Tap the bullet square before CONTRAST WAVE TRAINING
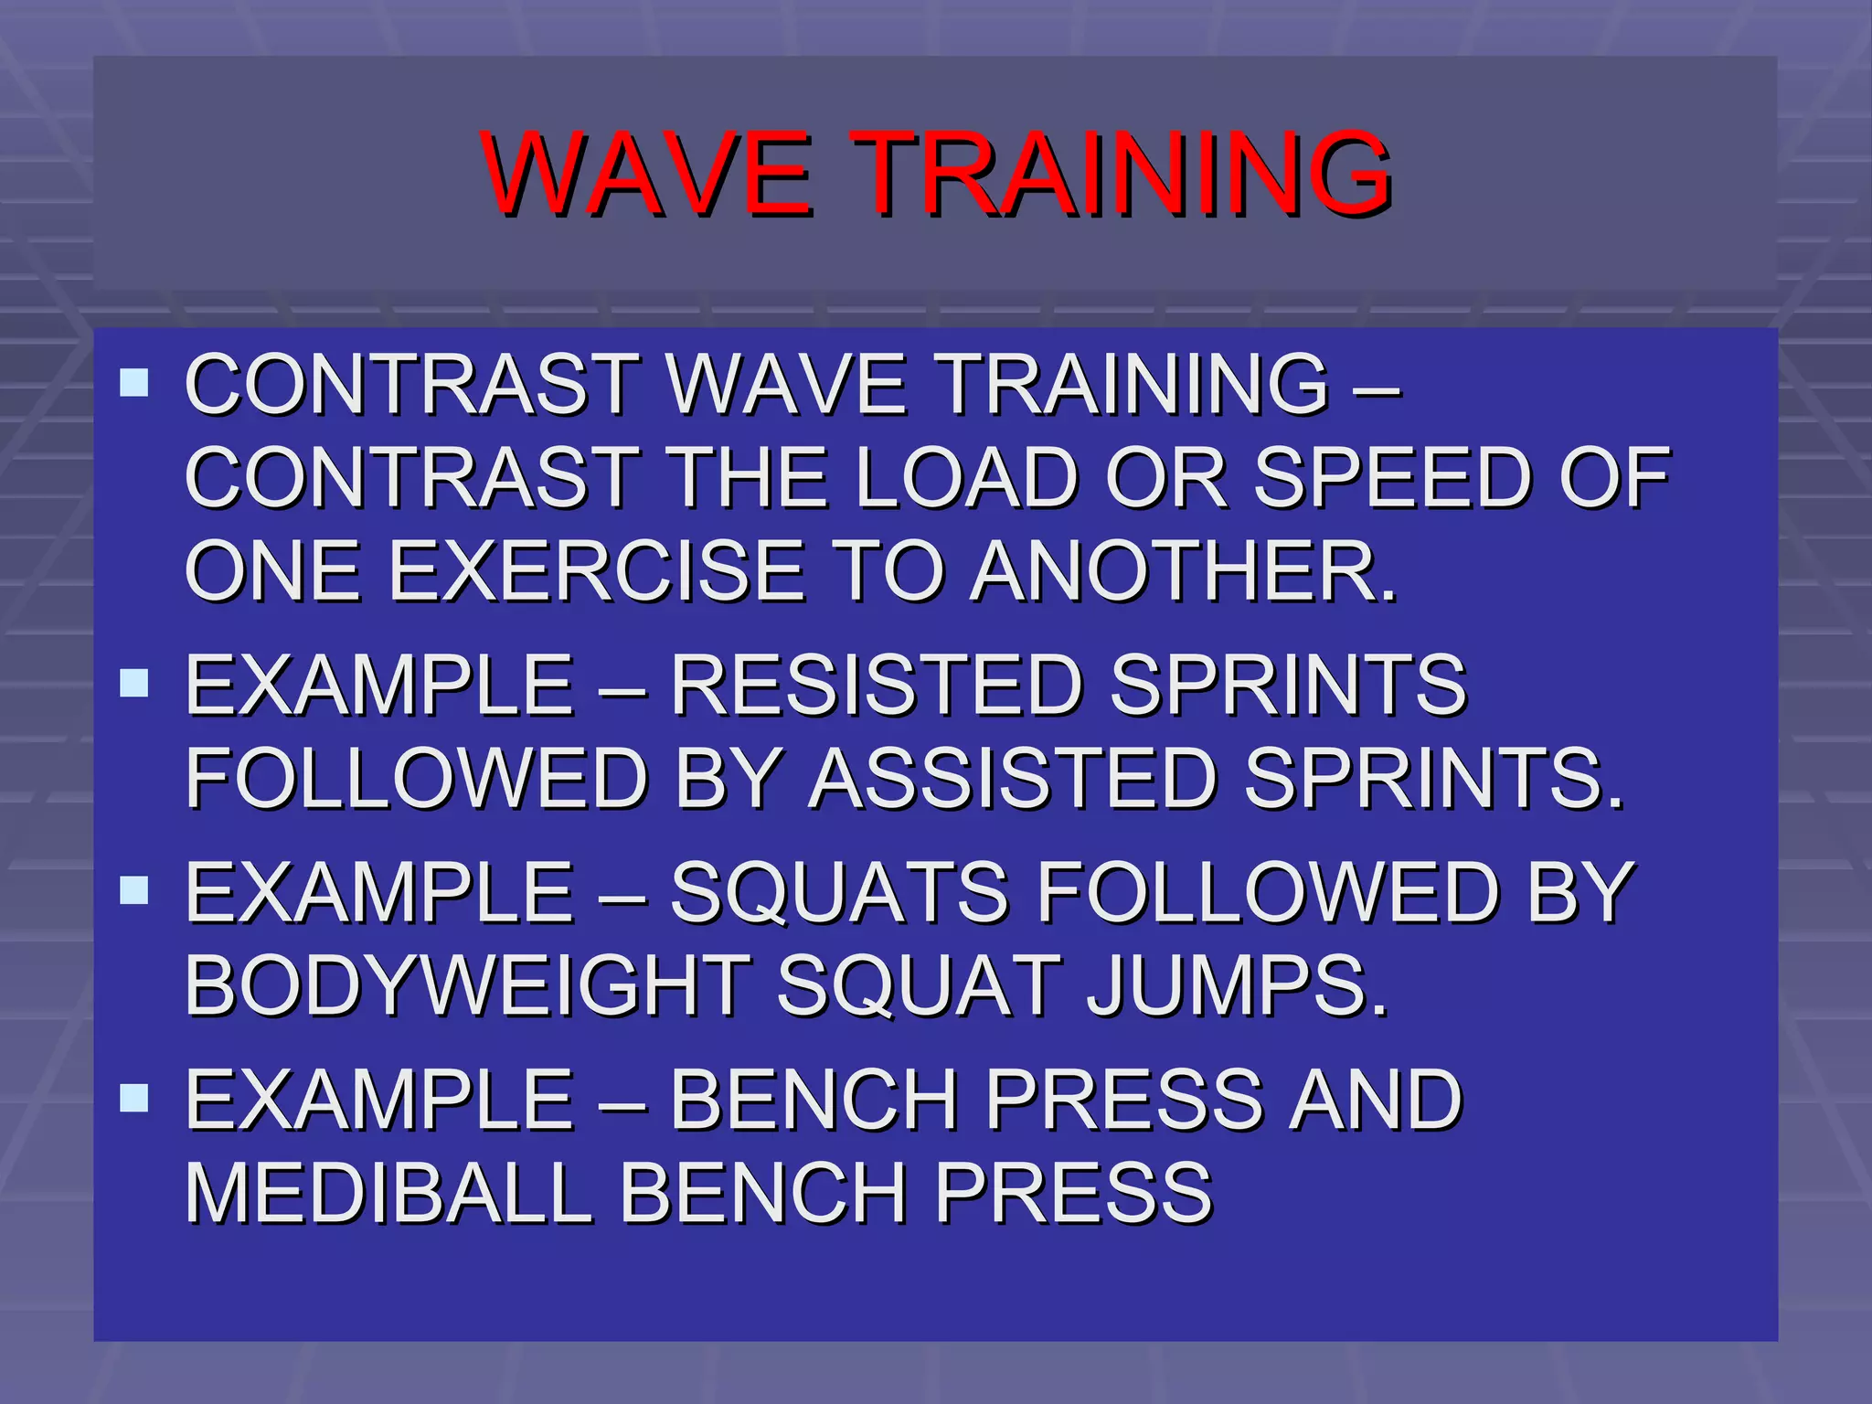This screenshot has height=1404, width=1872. pos(134,382)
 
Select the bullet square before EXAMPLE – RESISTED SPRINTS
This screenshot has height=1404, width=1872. pos(134,683)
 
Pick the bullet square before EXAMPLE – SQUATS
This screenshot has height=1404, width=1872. pos(134,890)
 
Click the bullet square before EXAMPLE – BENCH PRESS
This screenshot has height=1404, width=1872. pos(134,1097)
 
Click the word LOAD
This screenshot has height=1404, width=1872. pos(967,477)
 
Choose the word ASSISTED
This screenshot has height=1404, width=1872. pos(1013,779)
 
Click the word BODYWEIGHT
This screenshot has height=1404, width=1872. pos(468,986)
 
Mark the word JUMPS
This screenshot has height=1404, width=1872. pos(1237,986)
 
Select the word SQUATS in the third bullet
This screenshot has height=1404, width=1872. pos(839,892)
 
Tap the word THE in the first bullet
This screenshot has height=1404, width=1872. pos(746,477)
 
